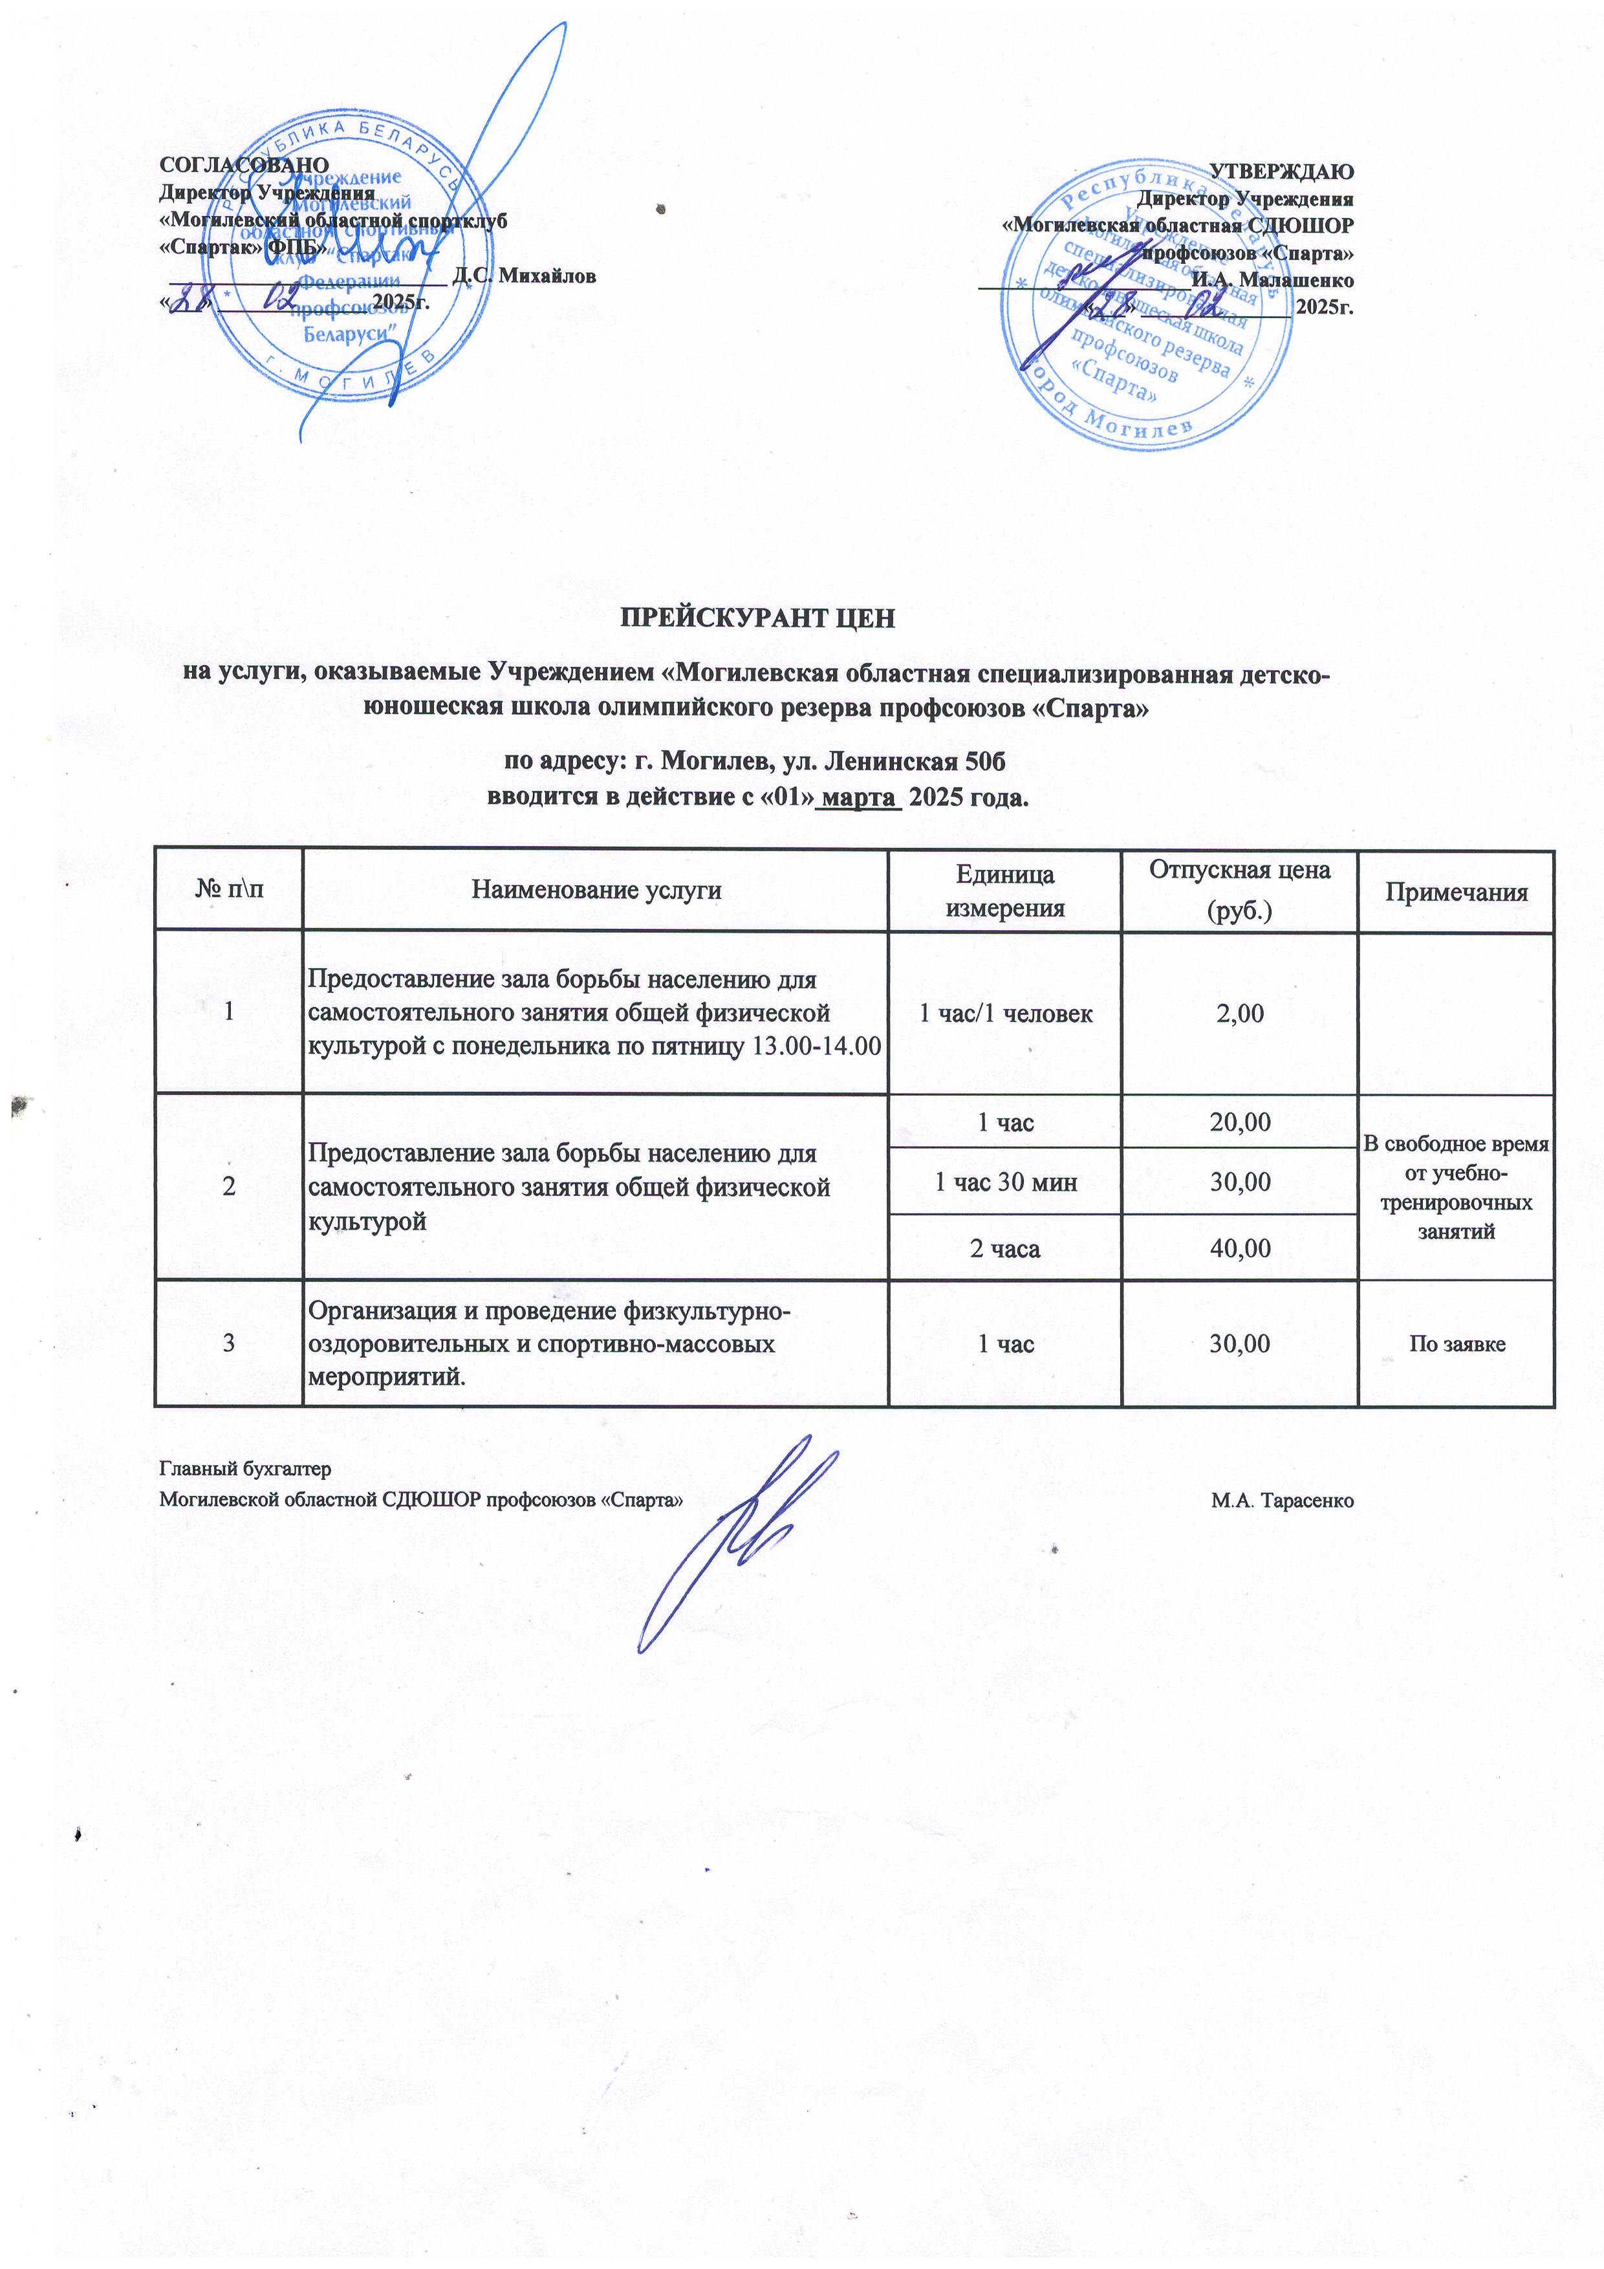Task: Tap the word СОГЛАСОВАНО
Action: coord(243,164)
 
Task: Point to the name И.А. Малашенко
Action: coord(1272,279)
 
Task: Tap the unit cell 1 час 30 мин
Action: coord(1005,1182)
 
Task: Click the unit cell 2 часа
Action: coord(1005,1248)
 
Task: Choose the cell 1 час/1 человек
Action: coord(1005,1013)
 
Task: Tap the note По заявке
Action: coord(1457,1344)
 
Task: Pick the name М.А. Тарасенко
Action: coord(1282,1500)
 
